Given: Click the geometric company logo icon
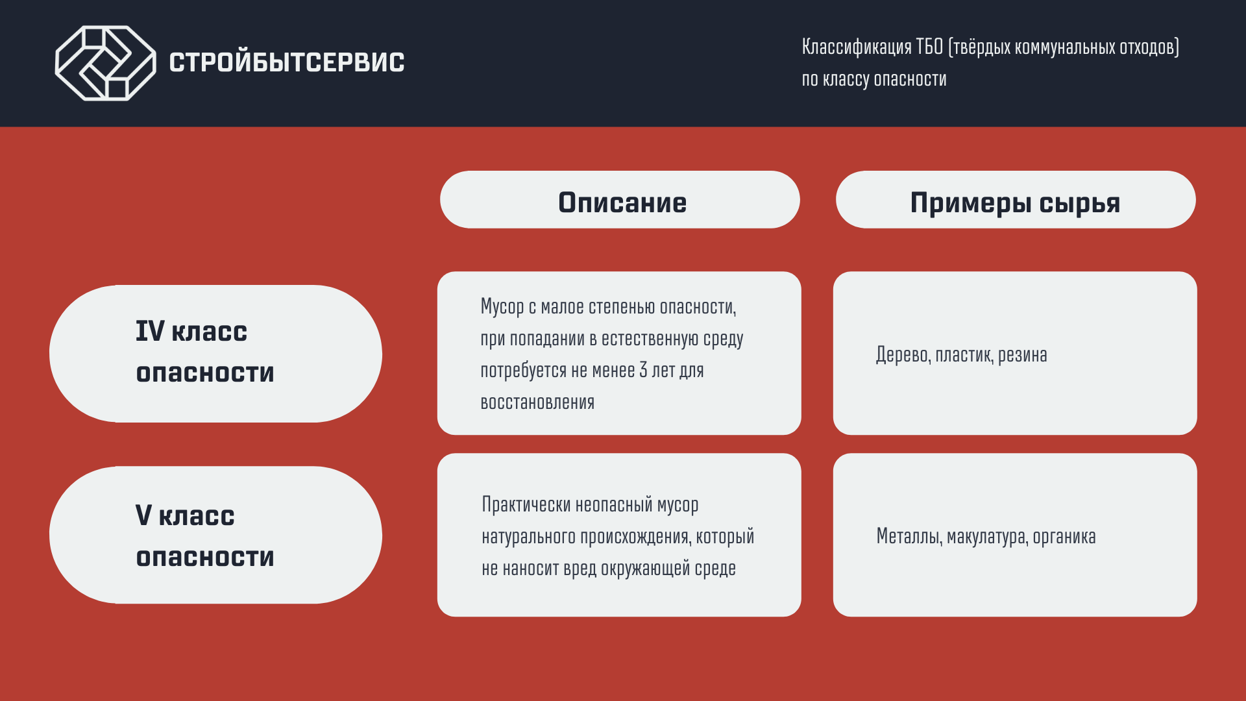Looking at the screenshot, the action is pos(106,63).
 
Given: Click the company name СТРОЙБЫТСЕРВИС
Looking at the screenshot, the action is pos(287,62).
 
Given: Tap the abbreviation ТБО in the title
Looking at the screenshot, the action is pos(929,47).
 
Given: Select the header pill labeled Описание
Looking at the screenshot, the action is pos(620,200).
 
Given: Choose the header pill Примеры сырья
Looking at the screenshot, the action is pos(1016,200).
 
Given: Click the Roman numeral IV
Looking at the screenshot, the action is pos(150,331).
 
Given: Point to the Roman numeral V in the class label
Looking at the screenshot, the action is pos(143,515).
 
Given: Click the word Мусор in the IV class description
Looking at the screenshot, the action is pos(502,307).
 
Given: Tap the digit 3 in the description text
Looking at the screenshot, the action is pos(643,370).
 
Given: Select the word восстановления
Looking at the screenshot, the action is pos(537,402).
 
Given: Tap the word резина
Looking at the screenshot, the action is pos(1023,356).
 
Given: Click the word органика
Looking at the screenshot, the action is pos(1064,537).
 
